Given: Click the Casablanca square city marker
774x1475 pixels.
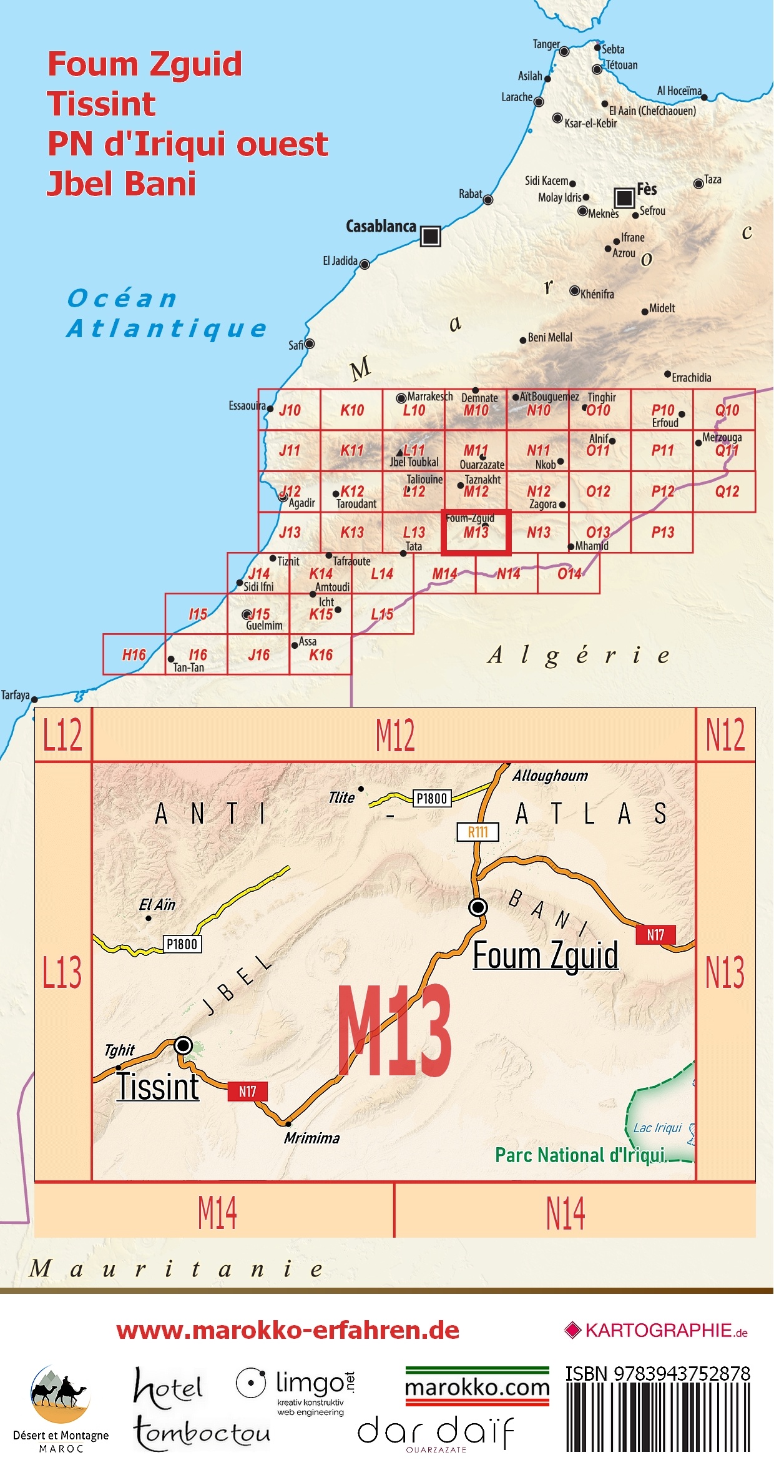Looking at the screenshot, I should point(430,236).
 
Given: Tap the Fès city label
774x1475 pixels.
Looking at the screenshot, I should point(647,189).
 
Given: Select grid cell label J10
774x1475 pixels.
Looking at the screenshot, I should point(290,410).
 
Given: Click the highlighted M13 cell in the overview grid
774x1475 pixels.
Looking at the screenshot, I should point(476,533).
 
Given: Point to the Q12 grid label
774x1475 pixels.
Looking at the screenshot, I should point(727,491).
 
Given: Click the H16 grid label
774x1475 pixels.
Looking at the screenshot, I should point(134,654).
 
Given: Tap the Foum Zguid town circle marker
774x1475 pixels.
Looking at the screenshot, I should point(478,906).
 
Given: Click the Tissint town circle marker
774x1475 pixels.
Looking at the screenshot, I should point(183,1045).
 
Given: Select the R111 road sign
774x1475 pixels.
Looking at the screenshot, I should point(478,832).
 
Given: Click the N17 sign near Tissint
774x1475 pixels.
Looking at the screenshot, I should point(248,1091).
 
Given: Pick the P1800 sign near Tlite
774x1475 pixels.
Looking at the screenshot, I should point(432,798).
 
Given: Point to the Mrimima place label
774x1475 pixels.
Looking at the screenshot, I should point(311,1138).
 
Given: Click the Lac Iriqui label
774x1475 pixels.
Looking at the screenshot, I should point(657,1127).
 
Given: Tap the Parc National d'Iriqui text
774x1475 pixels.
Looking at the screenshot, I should point(580,1155).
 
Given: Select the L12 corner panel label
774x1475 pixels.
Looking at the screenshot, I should point(62,734).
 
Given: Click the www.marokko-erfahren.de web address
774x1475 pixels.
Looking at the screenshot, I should point(288,1329).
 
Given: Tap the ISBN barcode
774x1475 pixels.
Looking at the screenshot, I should point(658,1417).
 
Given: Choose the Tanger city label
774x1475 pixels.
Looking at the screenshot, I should point(546,44).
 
